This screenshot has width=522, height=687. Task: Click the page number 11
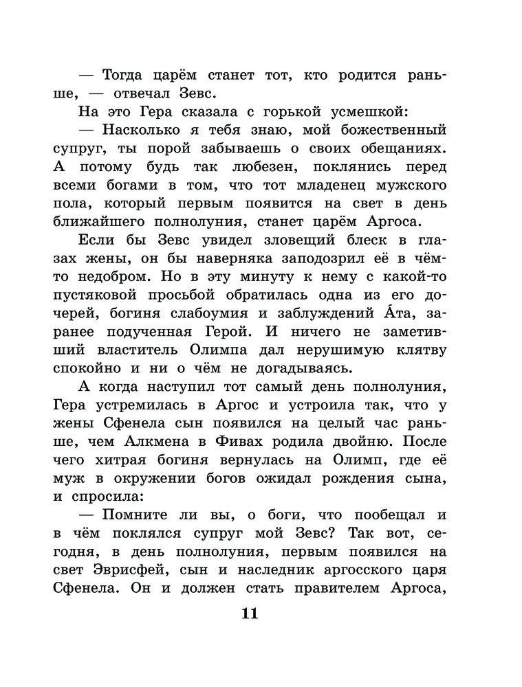coord(249,613)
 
